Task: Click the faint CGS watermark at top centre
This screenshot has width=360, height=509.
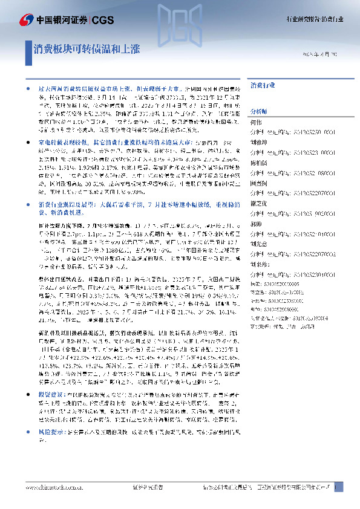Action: tap(180, 21)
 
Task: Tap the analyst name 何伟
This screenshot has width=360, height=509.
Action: tap(255, 122)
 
